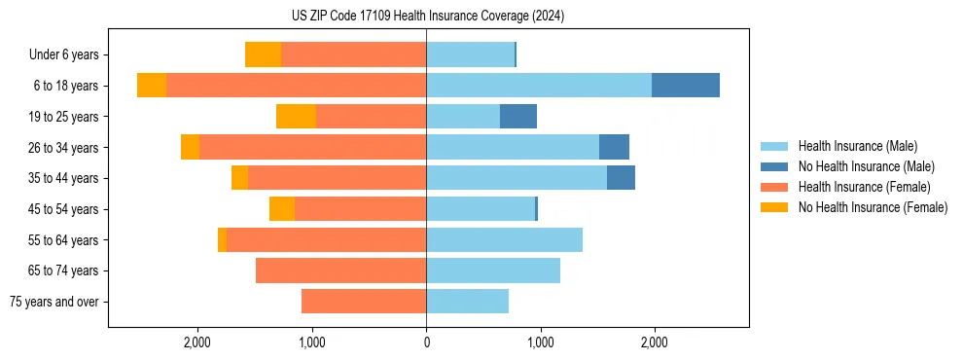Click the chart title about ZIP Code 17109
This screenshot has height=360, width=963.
click(427, 16)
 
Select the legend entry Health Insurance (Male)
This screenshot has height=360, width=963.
click(856, 146)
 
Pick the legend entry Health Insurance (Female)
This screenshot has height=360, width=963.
click(864, 187)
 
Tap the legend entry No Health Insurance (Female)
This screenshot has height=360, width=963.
click(873, 207)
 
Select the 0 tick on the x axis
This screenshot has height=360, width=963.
click(426, 342)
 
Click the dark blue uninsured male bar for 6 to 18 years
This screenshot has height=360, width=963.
click(686, 86)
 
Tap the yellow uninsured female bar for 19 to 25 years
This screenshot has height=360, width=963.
click(297, 117)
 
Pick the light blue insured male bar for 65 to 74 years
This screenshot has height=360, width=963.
click(493, 270)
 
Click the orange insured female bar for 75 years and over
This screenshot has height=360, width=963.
click(364, 302)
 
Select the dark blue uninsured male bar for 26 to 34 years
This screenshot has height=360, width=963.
click(614, 148)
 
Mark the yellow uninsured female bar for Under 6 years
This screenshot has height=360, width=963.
click(264, 55)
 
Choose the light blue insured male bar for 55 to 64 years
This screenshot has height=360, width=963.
click(504, 240)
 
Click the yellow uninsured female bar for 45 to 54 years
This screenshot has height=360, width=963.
click(282, 209)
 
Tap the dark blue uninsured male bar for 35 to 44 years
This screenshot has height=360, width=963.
click(621, 178)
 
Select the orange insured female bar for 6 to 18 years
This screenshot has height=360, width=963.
click(297, 86)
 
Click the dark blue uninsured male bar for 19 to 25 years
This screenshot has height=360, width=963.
click(518, 117)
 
